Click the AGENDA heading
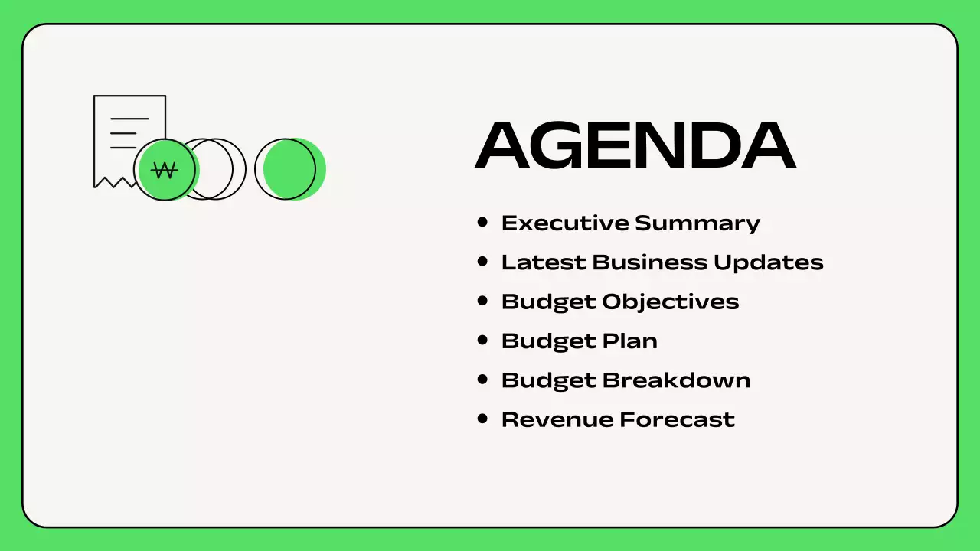tap(635, 145)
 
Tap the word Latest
tap(544, 262)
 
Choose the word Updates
tap(768, 262)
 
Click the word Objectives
tap(671, 302)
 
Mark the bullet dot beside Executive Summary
tap(482, 222)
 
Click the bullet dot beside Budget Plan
tap(482, 340)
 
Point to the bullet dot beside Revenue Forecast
tap(482, 419)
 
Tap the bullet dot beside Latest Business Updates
tap(482, 261)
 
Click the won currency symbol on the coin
tap(164, 170)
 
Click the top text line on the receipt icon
tap(129, 119)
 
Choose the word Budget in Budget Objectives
tap(548, 302)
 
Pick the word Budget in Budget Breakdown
tap(548, 380)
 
